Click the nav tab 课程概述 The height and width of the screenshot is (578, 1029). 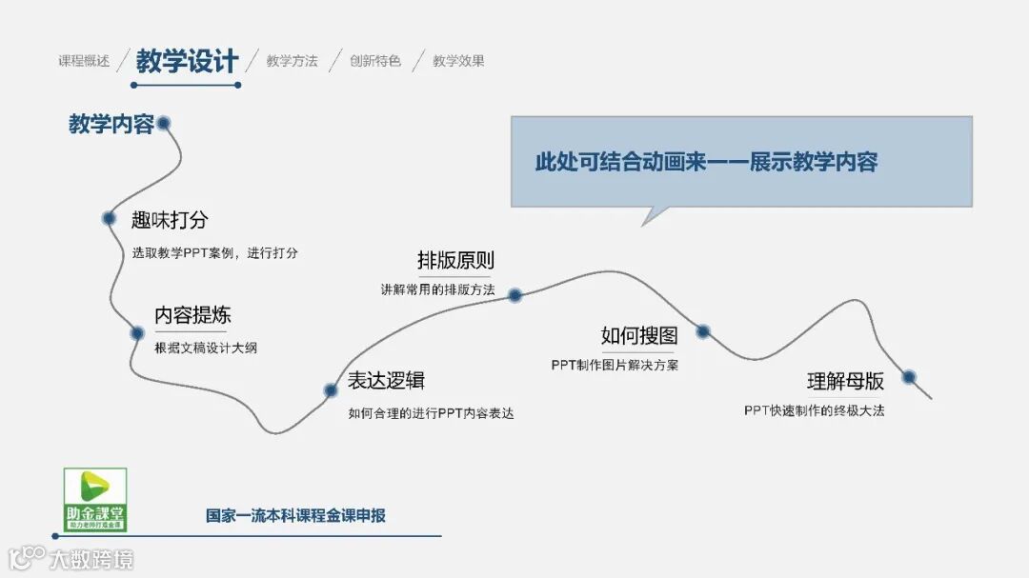click(84, 61)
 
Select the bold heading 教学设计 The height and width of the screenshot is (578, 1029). click(187, 61)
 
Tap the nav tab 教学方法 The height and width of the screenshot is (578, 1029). click(292, 61)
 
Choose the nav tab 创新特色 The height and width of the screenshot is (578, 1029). click(375, 61)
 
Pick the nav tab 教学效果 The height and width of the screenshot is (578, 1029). click(458, 61)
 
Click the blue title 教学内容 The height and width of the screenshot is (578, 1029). click(111, 124)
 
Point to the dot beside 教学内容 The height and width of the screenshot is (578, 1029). click(163, 123)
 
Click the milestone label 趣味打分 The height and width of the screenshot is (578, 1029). click(170, 221)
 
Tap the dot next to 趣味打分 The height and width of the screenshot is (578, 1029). click(110, 218)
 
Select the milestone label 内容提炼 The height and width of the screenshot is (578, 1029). click(193, 315)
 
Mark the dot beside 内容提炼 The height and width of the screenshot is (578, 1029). click(137, 333)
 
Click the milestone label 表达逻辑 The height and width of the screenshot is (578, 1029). click(386, 381)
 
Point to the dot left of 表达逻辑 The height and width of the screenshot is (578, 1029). click(331, 390)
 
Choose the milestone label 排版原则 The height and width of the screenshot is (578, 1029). click(455, 260)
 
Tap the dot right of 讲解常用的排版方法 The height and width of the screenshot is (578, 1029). click(514, 295)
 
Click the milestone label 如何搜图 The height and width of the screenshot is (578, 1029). click(639, 335)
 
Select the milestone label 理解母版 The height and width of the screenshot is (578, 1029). click(845, 381)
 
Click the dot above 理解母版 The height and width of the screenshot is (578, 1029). click(909, 377)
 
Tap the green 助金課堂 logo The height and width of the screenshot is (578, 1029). click(94, 500)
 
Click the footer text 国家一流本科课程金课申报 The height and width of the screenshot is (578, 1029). click(296, 516)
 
